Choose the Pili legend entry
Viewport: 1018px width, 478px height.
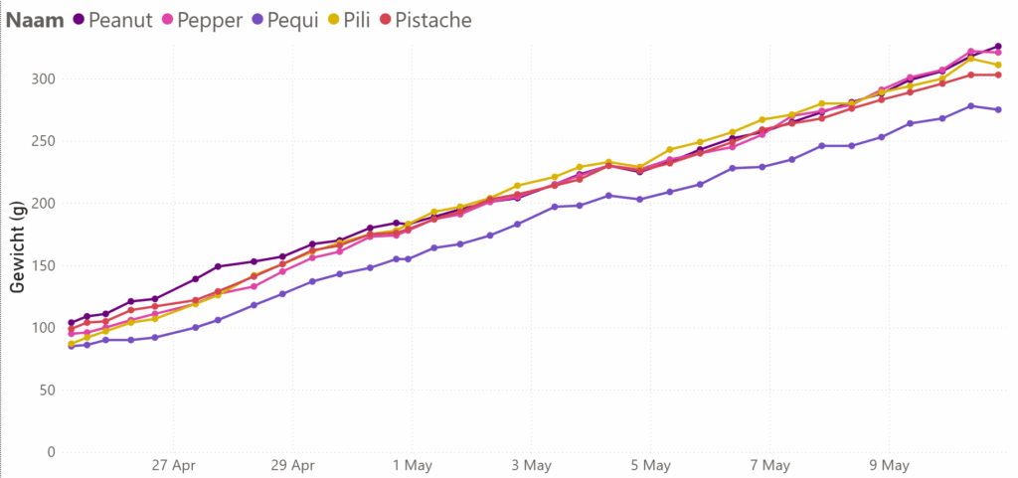coord(361,20)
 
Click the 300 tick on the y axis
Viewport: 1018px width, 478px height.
coord(41,79)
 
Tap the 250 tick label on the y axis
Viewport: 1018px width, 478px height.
coord(41,141)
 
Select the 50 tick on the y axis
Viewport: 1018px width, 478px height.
coord(45,390)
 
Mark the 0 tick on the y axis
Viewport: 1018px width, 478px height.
coord(49,452)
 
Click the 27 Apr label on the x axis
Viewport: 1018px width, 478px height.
coord(173,465)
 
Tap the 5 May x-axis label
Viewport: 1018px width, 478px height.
coord(650,465)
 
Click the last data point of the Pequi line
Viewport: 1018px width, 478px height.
coord(998,109)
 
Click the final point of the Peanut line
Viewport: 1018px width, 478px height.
coord(998,47)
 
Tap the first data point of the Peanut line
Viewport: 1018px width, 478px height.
coord(71,323)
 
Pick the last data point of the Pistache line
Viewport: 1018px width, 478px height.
coord(998,75)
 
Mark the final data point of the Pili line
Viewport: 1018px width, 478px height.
coord(998,66)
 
